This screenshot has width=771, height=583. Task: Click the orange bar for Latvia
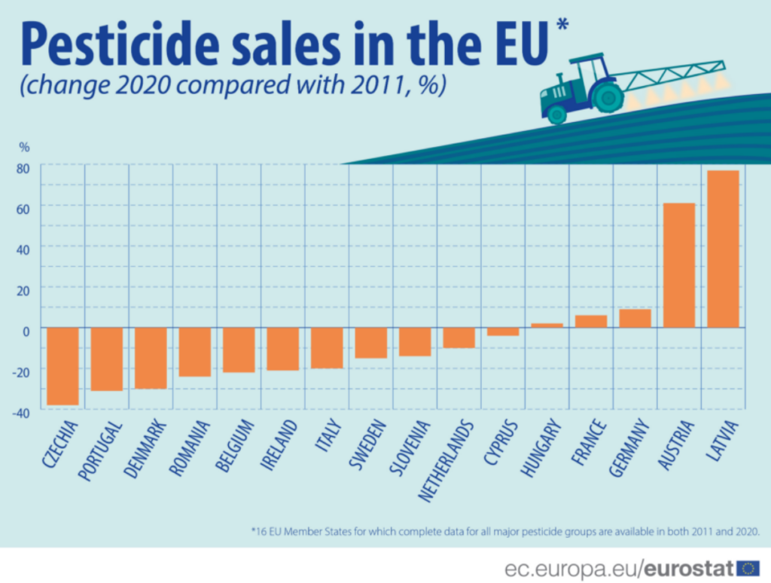[x=723, y=249]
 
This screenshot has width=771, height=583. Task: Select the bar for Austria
[x=679, y=265]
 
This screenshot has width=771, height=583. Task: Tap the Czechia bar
[x=62, y=366]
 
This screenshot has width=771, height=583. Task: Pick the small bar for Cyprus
[x=502, y=331]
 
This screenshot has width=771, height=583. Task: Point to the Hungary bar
[x=547, y=325]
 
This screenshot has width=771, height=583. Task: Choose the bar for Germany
[x=635, y=319]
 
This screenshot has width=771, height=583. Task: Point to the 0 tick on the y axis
[x=25, y=330]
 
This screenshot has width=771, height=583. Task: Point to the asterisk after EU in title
[x=562, y=27]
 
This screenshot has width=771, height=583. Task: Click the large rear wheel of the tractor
[x=607, y=97]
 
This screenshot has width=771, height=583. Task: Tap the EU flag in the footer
[x=748, y=567]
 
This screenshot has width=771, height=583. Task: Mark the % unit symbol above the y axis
[x=24, y=147]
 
